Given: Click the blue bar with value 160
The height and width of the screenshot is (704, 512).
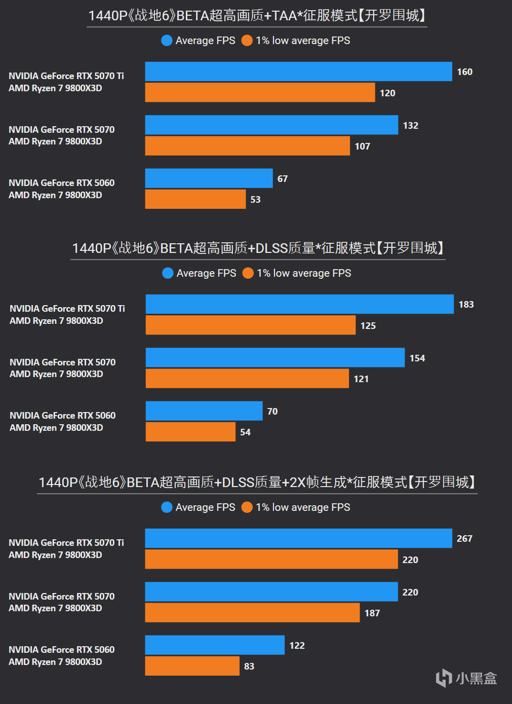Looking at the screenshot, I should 298,71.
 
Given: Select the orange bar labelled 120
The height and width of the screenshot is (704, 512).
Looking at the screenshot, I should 260,93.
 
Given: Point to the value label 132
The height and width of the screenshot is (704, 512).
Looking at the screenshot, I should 411,126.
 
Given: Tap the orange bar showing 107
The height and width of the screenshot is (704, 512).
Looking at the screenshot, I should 247,146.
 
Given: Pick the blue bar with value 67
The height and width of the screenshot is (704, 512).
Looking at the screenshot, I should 209,178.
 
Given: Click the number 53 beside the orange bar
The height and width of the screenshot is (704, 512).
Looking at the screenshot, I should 255,200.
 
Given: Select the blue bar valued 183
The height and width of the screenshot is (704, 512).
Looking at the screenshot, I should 299,304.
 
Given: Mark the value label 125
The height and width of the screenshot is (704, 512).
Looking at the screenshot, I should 368,326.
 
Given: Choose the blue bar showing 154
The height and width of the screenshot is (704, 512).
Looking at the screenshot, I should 275,358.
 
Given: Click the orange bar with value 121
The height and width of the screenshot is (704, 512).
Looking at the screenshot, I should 247,379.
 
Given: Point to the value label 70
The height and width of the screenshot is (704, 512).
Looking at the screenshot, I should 272,412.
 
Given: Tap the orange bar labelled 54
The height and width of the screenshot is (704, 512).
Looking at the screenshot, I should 190,432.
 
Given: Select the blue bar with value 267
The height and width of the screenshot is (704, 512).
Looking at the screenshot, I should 298,538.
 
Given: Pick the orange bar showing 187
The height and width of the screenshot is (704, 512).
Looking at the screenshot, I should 252,613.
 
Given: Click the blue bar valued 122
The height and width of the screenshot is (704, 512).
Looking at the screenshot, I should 215,645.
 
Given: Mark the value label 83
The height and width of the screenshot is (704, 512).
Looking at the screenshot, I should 249,666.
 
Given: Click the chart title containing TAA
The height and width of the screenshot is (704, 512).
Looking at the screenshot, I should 257,16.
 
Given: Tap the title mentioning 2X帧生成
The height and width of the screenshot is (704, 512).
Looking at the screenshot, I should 257,482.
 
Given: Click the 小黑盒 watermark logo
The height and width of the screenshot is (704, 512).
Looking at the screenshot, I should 466,678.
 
